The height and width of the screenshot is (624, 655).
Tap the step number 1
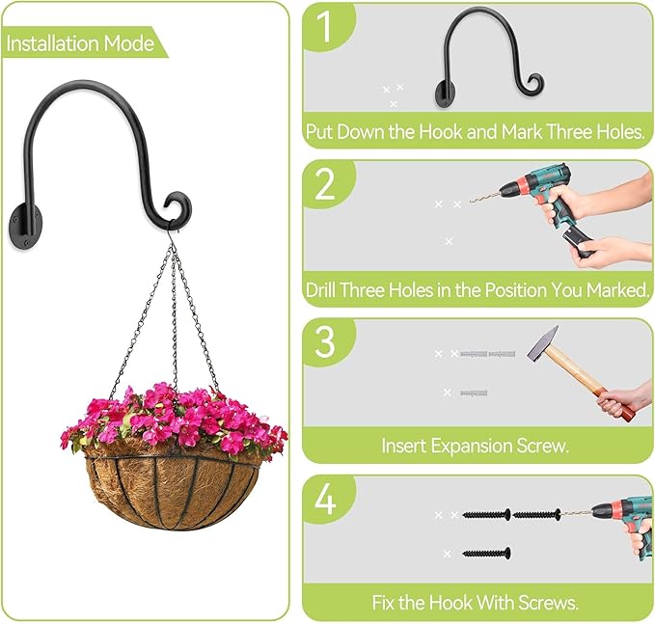(326, 28)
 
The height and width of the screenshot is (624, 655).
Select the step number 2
(326, 183)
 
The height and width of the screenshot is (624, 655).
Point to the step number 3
(326, 341)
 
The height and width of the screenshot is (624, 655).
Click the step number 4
(326, 501)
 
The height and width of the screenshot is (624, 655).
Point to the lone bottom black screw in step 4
(486, 554)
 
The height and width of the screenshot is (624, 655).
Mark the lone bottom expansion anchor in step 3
(473, 393)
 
